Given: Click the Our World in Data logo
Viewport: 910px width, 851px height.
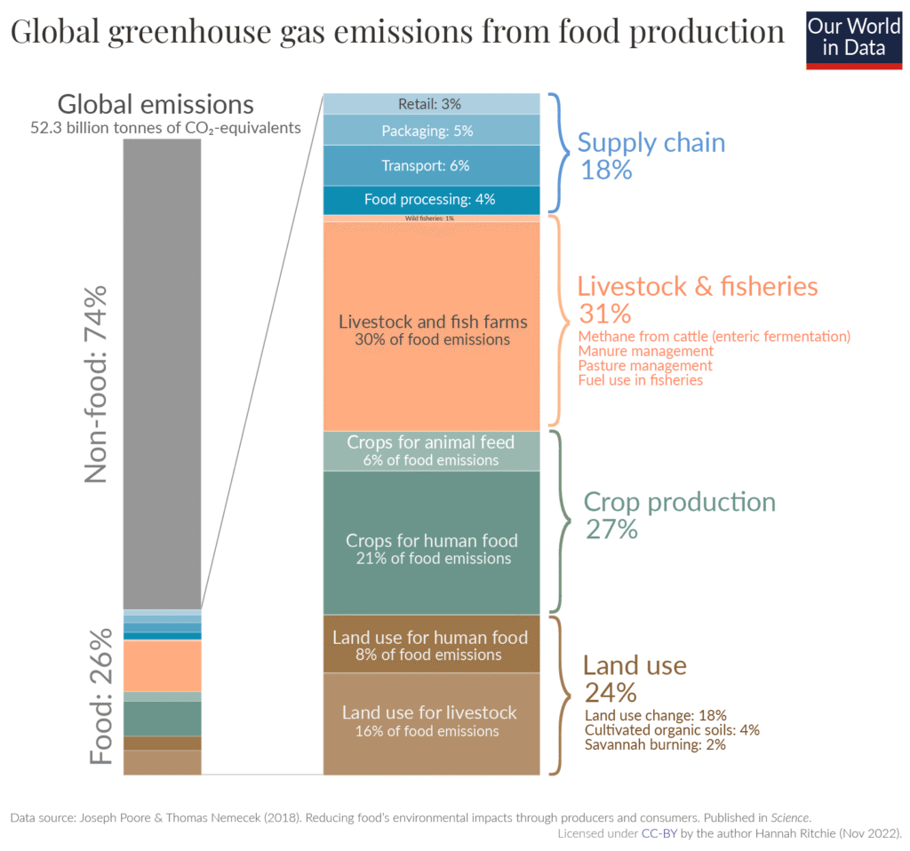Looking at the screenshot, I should tap(853, 39).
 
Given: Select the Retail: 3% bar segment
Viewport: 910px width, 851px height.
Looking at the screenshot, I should tap(431, 104).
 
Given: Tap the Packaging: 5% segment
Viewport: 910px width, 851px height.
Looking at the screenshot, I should tap(431, 131).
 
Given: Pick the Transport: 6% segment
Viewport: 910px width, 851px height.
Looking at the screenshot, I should tap(431, 165).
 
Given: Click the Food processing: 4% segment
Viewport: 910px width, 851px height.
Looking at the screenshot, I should tap(431, 199).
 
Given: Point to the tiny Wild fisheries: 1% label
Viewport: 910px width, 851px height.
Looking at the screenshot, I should tap(429, 218).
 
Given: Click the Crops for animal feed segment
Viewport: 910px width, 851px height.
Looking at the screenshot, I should tap(431, 450).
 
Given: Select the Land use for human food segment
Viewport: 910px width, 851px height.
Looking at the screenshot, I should tap(431, 644).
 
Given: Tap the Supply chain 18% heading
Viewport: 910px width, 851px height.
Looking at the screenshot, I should tap(651, 155).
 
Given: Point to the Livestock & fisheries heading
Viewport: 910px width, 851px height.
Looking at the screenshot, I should tap(697, 287).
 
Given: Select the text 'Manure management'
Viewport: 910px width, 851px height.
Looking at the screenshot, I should tap(645, 351).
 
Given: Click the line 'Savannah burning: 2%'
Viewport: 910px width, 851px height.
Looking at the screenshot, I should tap(655, 744).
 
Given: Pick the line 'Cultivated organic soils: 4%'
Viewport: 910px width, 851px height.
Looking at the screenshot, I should tap(671, 730).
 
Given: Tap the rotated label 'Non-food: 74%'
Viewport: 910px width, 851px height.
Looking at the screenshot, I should tap(96, 383).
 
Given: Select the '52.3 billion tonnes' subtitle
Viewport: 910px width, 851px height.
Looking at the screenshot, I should tap(165, 128).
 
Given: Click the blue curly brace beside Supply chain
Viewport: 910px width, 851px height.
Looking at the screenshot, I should tap(556, 153).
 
